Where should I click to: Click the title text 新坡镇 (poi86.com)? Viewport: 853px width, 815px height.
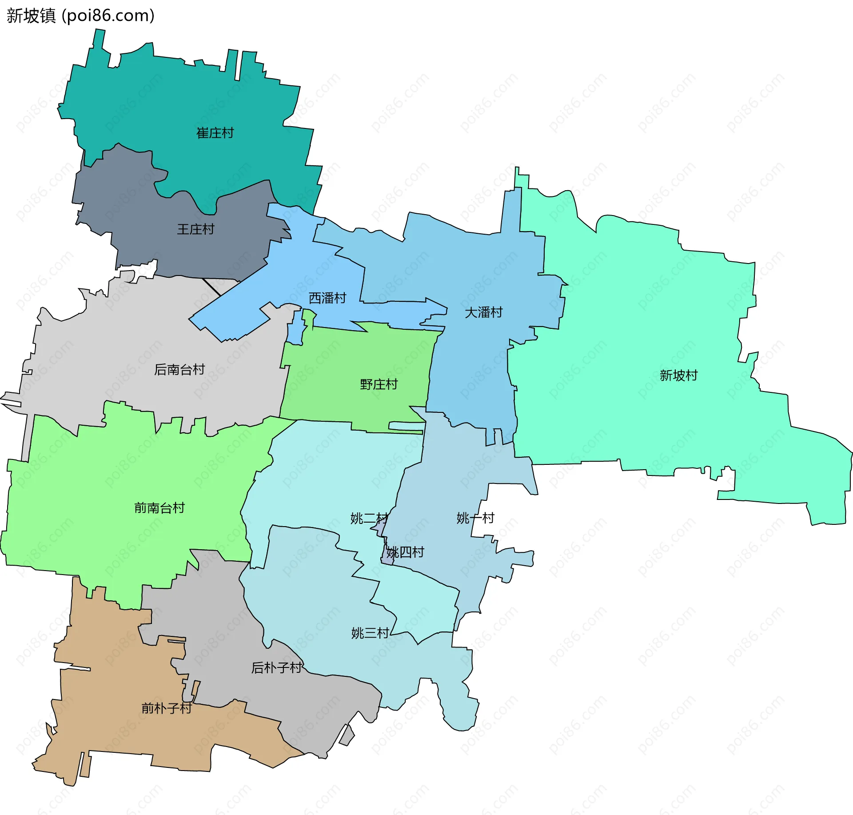pos(80,16)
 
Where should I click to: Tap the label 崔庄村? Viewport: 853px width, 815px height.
pos(215,133)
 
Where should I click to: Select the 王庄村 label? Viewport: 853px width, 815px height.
pos(195,229)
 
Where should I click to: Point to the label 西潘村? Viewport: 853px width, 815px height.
pos(327,298)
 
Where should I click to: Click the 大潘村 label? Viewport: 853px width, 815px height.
pos(483,312)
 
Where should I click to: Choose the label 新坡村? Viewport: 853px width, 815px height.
pos(678,376)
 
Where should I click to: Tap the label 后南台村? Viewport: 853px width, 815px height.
pos(179,369)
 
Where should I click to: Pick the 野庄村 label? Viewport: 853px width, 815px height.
pos(379,384)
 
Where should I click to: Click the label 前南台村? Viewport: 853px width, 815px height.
pos(159,508)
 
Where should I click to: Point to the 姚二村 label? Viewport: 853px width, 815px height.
pos(369,518)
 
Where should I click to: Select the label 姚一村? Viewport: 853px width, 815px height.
pos(475,518)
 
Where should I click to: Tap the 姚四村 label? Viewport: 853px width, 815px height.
pos(405,552)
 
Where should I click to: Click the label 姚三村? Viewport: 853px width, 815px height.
pos(370,633)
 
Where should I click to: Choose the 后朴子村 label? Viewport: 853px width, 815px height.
pos(277,667)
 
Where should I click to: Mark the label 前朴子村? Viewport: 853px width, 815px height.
pos(167,708)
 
